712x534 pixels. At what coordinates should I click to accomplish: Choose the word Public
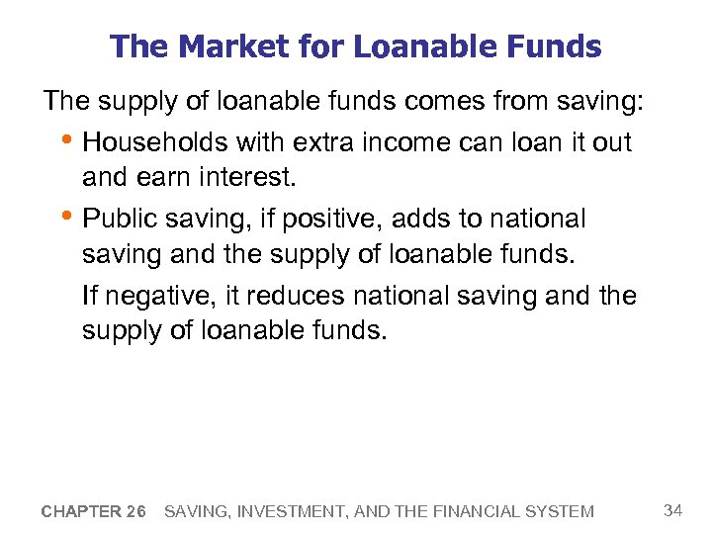click(122, 219)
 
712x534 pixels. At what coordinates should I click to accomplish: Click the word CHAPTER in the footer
click(81, 511)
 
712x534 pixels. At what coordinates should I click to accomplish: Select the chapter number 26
click(136, 511)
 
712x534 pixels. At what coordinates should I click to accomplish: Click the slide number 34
click(673, 510)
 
